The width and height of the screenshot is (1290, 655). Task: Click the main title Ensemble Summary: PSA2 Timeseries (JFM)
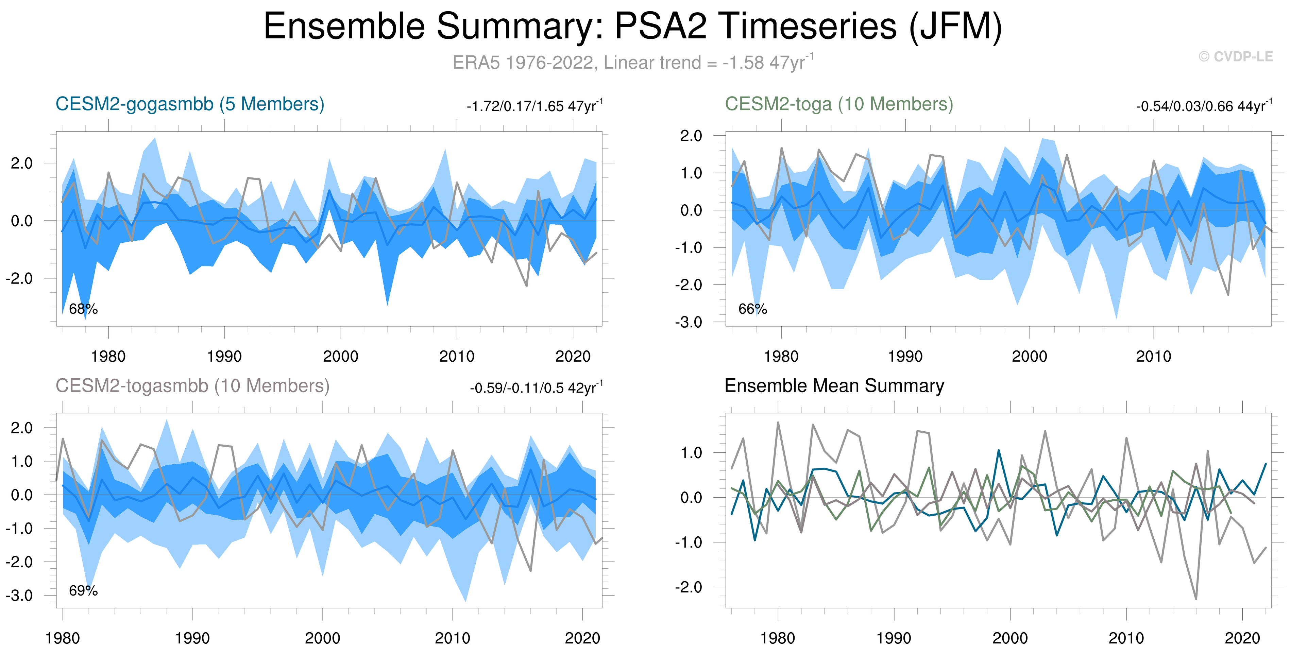(x=632, y=26)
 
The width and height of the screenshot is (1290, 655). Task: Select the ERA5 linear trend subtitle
(x=632, y=63)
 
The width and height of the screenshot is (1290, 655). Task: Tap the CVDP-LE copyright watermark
(x=1235, y=56)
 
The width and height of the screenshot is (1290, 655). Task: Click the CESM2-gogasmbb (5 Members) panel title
(x=190, y=104)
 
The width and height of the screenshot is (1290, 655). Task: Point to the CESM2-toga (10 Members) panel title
(x=839, y=104)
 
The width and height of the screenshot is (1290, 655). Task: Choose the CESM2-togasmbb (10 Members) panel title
(x=192, y=386)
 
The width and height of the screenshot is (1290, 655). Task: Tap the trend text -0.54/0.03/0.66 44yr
(x=1203, y=106)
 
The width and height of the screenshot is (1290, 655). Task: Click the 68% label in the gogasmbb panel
(x=83, y=309)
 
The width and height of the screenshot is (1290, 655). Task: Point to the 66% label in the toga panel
(x=752, y=309)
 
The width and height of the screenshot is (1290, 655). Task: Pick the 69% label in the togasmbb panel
(x=83, y=591)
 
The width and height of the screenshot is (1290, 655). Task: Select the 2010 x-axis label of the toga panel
(x=1153, y=357)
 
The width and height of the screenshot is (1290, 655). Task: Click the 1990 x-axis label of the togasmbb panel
(x=192, y=638)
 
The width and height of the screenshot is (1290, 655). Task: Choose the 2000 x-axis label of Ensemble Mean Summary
(x=1009, y=638)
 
